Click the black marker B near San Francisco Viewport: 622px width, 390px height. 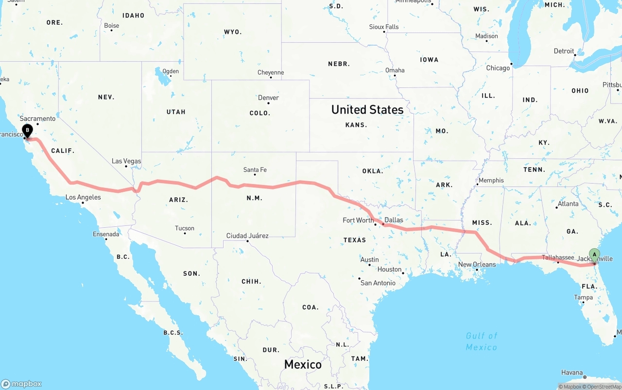(28, 130)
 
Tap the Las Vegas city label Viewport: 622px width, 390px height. (126, 161)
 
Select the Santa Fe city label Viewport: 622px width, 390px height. (255, 170)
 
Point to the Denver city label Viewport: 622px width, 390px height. (268, 98)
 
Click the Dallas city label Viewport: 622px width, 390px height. (394, 220)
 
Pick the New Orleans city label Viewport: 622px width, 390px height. (477, 265)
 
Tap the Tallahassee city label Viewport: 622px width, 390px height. (558, 257)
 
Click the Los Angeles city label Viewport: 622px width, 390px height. (83, 197)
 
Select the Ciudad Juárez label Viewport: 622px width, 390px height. (247, 236)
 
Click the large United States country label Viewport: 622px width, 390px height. (367, 110)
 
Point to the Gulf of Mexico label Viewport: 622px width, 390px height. (482, 341)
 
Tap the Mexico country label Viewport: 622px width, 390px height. (303, 364)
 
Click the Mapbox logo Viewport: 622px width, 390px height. (21, 384)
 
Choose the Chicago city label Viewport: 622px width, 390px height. (498, 68)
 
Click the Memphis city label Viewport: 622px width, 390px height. (491, 181)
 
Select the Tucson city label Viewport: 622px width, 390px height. (185, 228)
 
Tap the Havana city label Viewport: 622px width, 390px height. (572, 373)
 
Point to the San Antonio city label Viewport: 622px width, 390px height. (378, 283)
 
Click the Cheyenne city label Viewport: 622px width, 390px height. (271, 73)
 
